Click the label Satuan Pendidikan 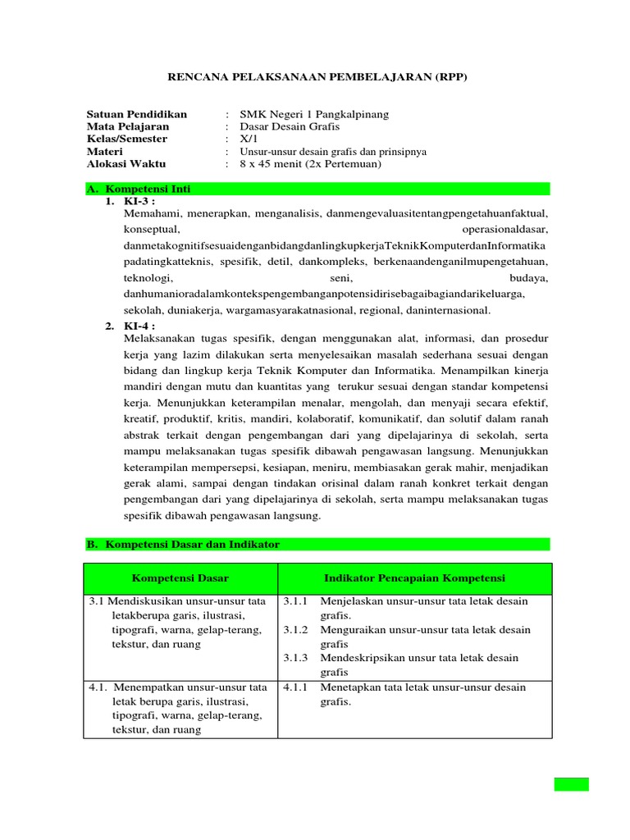(x=136, y=114)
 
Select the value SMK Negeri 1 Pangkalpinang (x=314, y=114)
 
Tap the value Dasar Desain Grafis (x=289, y=126)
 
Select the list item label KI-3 (x=139, y=201)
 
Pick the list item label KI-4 (x=139, y=326)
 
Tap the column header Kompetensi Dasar (x=180, y=578)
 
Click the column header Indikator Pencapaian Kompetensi (x=414, y=578)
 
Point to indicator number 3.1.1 (x=295, y=601)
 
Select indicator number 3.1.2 (x=295, y=630)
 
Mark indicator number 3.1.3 (x=295, y=658)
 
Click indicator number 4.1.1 (x=295, y=687)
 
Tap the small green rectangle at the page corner (x=571, y=783)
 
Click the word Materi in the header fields (x=105, y=152)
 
